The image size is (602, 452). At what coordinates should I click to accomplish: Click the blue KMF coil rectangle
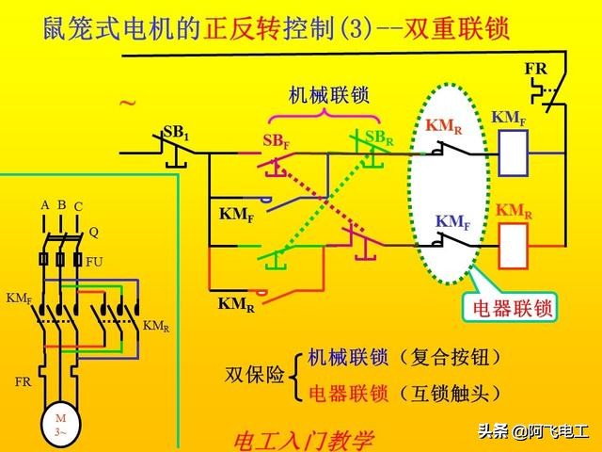coord(514,153)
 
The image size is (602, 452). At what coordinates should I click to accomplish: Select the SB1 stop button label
coord(176,133)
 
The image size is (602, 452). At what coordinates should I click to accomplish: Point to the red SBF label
coord(276,141)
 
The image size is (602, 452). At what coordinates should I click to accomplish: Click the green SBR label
coord(379,137)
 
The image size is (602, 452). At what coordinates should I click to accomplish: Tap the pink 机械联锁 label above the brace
coord(328,96)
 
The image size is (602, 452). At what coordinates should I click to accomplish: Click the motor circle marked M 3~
coord(60,425)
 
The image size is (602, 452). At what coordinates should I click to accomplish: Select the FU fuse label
coord(94,261)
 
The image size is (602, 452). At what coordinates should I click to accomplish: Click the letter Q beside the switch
coord(94,231)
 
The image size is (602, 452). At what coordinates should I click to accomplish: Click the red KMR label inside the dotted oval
coord(443,125)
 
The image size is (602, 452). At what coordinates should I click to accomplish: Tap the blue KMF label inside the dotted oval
coord(452,222)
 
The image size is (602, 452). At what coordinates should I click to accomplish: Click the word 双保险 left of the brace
coord(254,375)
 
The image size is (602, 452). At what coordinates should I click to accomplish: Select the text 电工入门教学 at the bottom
coord(302,440)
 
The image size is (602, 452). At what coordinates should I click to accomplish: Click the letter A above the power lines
coord(44,204)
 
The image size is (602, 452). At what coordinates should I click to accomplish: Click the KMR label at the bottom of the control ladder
coord(235,304)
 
